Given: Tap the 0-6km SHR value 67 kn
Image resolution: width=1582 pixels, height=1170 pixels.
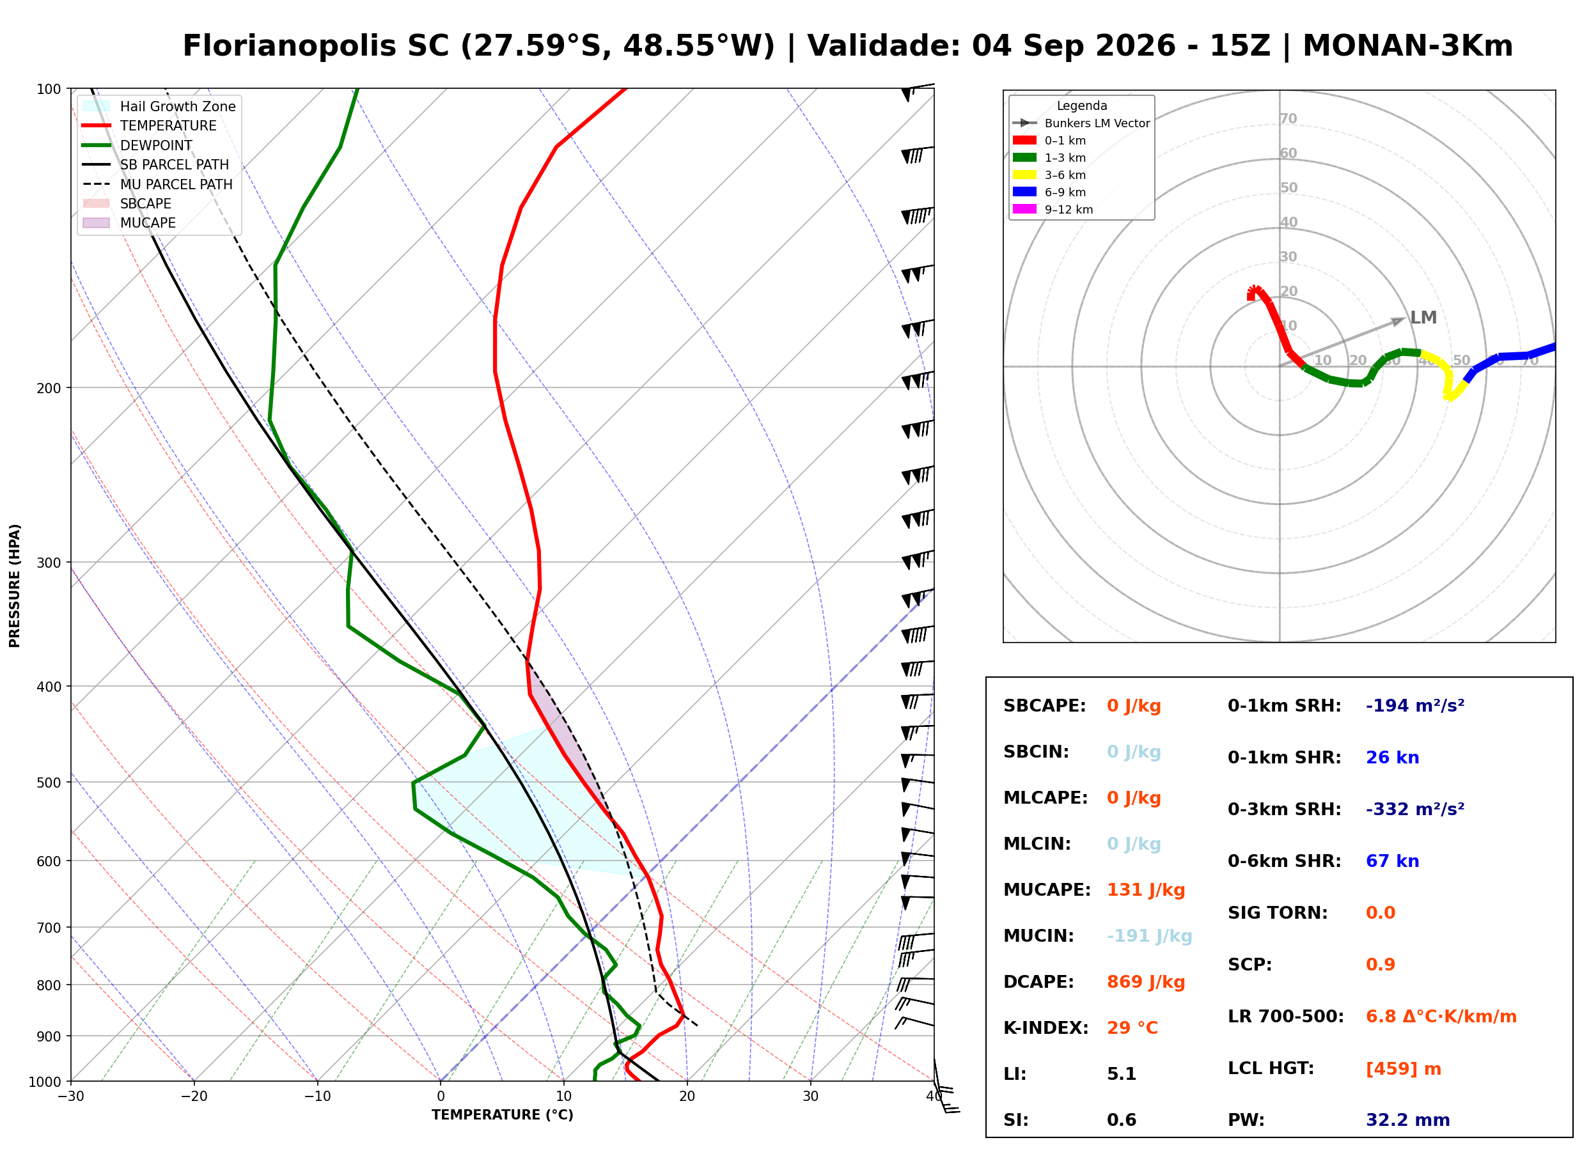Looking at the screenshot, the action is point(1392,861).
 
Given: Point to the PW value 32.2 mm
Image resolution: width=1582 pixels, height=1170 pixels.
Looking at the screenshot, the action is point(1408,1120).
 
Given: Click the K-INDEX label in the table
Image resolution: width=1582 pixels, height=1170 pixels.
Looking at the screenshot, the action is point(1046,1027).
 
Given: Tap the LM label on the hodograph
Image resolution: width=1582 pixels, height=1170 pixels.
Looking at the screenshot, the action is point(1423,317).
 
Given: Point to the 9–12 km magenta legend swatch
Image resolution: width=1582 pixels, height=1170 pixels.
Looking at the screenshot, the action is point(1024,209).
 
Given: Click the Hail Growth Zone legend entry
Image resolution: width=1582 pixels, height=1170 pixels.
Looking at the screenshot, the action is point(159,106).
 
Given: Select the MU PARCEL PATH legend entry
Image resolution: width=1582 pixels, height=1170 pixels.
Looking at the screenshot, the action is point(158,184).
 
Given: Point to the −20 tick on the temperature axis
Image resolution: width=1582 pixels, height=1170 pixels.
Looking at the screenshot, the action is point(194,1097).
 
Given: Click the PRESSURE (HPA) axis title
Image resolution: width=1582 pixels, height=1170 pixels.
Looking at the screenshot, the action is point(15,586).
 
